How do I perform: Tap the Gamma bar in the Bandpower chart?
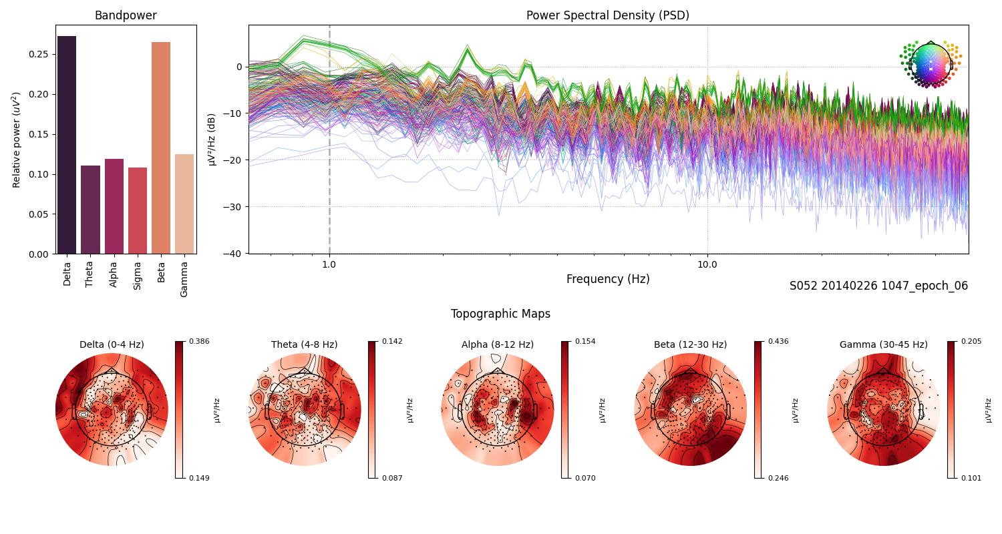184,204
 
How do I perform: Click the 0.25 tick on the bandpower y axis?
38,54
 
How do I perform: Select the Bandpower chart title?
126,15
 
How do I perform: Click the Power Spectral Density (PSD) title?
607,15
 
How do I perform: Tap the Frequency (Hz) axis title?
607,279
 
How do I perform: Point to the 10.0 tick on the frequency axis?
707,264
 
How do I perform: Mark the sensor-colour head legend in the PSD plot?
931,64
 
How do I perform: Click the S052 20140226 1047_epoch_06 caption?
878,286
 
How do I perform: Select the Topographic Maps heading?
500,314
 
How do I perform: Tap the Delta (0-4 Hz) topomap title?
112,344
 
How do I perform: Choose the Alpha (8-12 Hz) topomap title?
497,344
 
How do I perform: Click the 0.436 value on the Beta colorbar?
778,342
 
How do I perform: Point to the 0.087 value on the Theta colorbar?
392,478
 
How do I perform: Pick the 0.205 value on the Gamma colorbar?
971,342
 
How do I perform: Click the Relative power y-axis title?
17,140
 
